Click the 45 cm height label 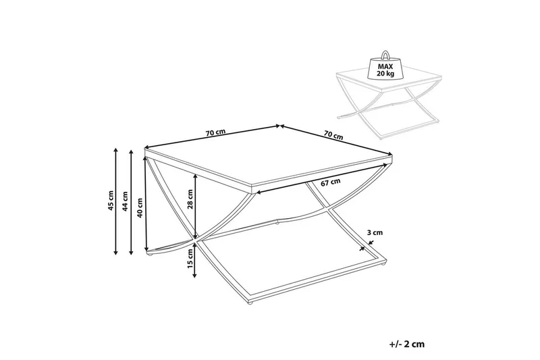(x=110, y=200)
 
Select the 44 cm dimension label (x=126, y=201)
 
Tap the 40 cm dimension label (x=140, y=208)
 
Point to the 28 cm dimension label (x=190, y=199)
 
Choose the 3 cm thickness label (x=375, y=232)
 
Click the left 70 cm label (x=215, y=132)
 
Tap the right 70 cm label (x=333, y=134)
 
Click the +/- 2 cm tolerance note (x=407, y=344)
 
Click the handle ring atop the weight (x=385, y=55)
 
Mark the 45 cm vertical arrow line (x=115, y=201)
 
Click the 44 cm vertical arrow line (x=131, y=202)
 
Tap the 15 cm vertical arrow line (x=195, y=260)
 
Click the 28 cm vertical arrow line (x=195, y=206)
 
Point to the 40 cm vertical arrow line (x=146, y=204)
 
